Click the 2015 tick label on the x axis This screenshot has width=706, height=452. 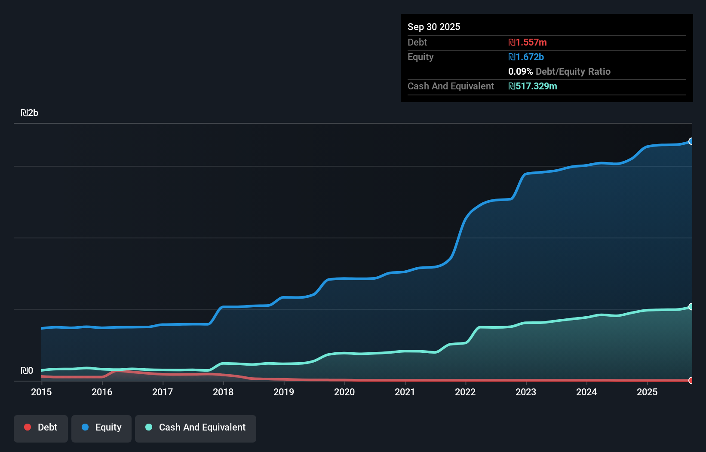pyautogui.click(x=41, y=392)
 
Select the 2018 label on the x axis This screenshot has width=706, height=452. pyautogui.click(x=223, y=392)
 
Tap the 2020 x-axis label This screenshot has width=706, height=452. pyautogui.click(x=344, y=392)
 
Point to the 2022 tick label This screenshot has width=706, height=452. pyautogui.click(x=465, y=392)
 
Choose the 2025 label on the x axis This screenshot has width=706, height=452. pyautogui.click(x=647, y=392)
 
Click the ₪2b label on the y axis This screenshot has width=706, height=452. pyautogui.click(x=30, y=113)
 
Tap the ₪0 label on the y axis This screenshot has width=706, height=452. pyautogui.click(x=27, y=371)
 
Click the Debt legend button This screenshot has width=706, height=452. pyautogui.click(x=41, y=428)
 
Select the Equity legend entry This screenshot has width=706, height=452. pyautogui.click(x=101, y=428)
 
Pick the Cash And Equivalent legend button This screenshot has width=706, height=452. pyautogui.click(x=196, y=428)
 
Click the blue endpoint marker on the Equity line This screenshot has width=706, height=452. pyautogui.click(x=691, y=141)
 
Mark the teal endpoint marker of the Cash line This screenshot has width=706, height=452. pyautogui.click(x=691, y=307)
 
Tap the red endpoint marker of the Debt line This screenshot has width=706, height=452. pyautogui.click(x=691, y=380)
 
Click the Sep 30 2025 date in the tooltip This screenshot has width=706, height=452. pyautogui.click(x=433, y=27)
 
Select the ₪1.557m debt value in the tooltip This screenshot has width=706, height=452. pyautogui.click(x=528, y=42)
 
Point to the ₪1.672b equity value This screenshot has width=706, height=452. pyautogui.click(x=526, y=57)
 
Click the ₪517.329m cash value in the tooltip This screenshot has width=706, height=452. pyautogui.click(x=532, y=86)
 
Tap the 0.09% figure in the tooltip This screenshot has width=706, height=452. pyautogui.click(x=520, y=71)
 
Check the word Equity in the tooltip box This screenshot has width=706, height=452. pyautogui.click(x=420, y=57)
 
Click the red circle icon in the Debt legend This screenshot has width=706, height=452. pyautogui.click(x=28, y=427)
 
